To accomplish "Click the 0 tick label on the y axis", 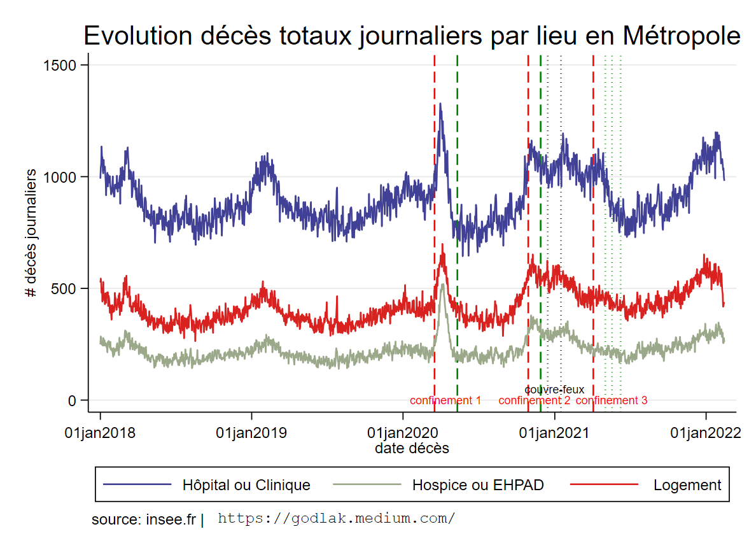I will [73, 400].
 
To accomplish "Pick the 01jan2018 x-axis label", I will [100, 433].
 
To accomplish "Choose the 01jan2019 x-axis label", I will [251, 433].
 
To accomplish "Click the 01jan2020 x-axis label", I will [403, 433].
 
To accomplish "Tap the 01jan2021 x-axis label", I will [554, 433].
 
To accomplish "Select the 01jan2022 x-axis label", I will [706, 433].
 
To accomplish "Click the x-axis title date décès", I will [412, 448].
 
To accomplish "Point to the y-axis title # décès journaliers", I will [30, 234].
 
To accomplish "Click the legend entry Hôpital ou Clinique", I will [246, 485].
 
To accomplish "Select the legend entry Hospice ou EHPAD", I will [477, 485].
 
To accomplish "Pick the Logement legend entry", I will [687, 485].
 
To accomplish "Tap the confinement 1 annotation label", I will [445, 400].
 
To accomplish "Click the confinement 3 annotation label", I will [612, 400].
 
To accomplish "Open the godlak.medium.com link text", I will [337, 518].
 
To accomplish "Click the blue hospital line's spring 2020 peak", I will [440, 104].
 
